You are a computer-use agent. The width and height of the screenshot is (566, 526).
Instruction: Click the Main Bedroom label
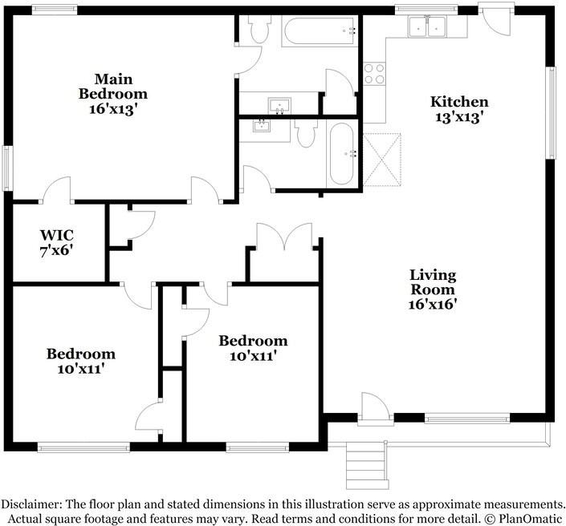(x=113, y=94)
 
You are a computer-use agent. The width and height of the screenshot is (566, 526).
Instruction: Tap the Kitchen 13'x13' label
(x=459, y=109)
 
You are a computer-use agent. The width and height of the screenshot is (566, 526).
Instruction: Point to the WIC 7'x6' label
(x=57, y=243)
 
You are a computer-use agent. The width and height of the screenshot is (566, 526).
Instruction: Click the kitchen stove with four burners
(x=374, y=74)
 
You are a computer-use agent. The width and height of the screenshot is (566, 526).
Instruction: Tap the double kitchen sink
(x=427, y=26)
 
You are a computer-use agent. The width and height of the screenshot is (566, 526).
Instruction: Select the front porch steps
(x=367, y=465)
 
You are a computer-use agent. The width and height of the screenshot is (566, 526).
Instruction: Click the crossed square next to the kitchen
(x=382, y=160)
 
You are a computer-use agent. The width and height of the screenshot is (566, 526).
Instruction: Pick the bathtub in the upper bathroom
(x=320, y=30)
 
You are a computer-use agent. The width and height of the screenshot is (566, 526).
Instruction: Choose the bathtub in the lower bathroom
(x=341, y=154)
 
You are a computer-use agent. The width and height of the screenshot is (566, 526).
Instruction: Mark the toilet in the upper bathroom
(x=260, y=29)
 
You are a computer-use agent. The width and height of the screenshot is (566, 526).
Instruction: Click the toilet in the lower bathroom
(x=305, y=132)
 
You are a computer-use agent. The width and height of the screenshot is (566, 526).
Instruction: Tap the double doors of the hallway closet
(x=284, y=236)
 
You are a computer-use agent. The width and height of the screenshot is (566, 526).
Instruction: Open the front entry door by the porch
(x=376, y=407)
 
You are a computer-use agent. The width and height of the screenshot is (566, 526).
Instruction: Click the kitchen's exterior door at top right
(x=496, y=21)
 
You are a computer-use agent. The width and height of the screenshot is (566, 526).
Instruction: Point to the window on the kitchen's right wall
(x=551, y=113)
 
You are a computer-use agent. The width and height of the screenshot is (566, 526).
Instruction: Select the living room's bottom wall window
(x=467, y=419)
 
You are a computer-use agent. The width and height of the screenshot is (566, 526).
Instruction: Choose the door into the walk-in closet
(x=57, y=189)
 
